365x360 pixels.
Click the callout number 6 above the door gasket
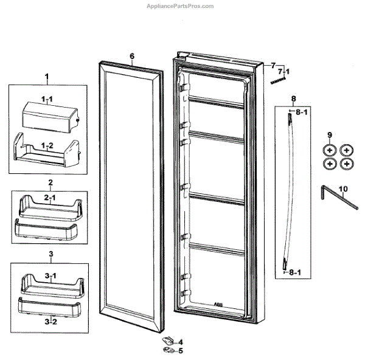[131, 56]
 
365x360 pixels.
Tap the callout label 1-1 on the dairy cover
[47, 98]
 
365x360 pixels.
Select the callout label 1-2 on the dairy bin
[47, 144]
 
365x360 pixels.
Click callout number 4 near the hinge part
[180, 342]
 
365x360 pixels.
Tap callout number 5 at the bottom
[180, 350]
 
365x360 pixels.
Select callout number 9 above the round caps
[330, 134]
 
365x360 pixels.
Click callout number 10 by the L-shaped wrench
[344, 189]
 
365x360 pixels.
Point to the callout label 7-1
[283, 72]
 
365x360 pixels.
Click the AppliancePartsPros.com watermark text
[181, 6]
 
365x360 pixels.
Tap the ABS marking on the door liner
[218, 303]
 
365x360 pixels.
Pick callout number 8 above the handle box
[293, 98]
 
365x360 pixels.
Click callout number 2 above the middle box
[50, 182]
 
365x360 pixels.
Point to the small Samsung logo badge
[278, 80]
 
